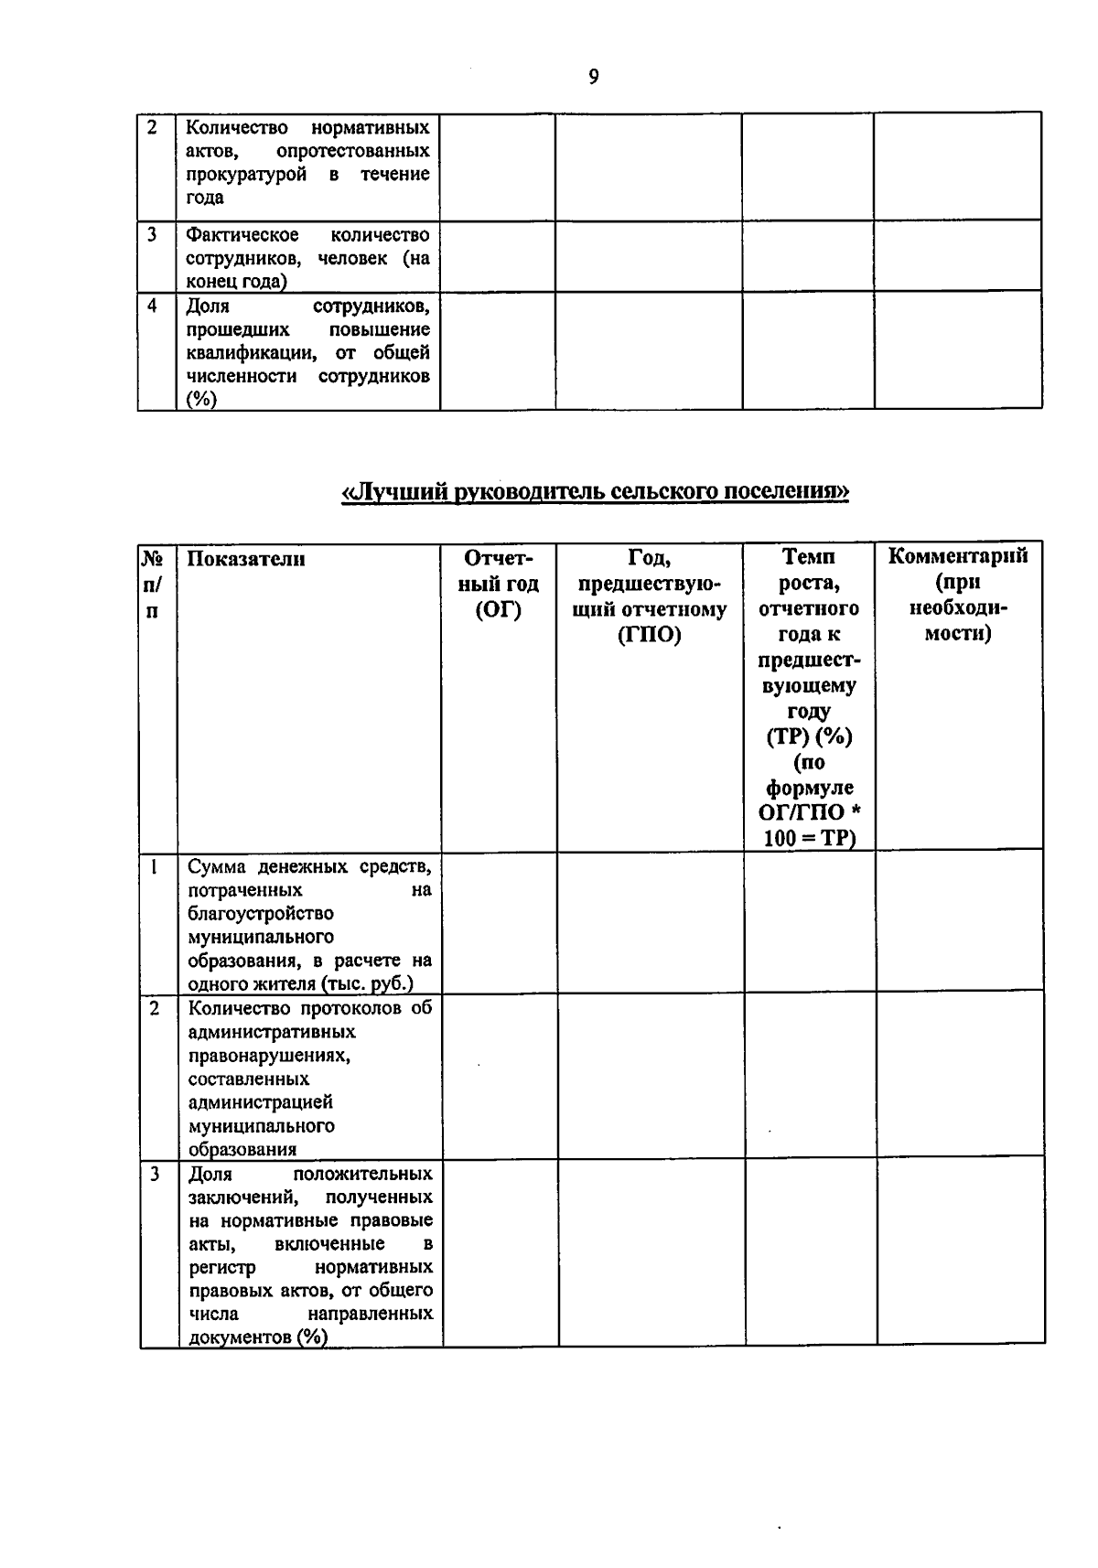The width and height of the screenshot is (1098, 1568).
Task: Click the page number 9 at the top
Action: click(x=593, y=78)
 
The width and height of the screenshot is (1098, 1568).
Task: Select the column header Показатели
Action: click(x=246, y=559)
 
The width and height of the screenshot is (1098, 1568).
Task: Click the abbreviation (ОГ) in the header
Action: click(x=499, y=609)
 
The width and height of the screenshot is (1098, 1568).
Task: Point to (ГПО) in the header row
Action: click(x=650, y=635)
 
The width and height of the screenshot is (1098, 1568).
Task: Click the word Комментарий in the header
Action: click(x=958, y=556)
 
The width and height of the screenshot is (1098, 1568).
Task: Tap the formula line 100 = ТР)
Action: click(x=808, y=838)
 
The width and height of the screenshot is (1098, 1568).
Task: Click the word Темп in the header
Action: click(x=809, y=556)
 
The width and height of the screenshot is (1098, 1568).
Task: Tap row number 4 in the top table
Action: click(x=152, y=306)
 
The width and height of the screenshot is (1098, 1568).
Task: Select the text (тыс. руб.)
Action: click(x=378, y=984)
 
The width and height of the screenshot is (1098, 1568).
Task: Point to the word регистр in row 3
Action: click(x=222, y=1267)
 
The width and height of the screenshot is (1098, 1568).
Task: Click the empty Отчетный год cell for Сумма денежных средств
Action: click(x=500, y=922)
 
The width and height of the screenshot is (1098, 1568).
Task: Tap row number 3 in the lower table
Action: click(x=155, y=1174)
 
